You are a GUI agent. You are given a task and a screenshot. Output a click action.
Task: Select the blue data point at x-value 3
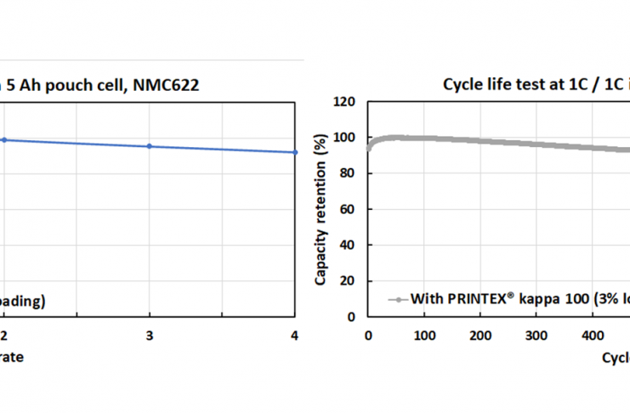pos(150,146)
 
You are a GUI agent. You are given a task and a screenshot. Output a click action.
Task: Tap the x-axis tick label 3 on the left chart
pos(150,336)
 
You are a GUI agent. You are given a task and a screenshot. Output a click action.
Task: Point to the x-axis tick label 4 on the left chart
pos(294,336)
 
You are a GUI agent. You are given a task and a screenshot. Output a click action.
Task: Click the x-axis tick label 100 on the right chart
pos(424,336)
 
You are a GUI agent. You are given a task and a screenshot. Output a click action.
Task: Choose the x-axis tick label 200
pos(480,336)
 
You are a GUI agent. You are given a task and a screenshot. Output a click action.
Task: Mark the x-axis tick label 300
pos(536,336)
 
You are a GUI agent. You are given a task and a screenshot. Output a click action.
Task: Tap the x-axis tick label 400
pos(593,336)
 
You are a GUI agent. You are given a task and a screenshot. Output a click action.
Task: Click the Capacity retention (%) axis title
pos(321,208)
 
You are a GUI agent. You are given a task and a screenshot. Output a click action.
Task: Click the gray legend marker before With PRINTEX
pos(396,299)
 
